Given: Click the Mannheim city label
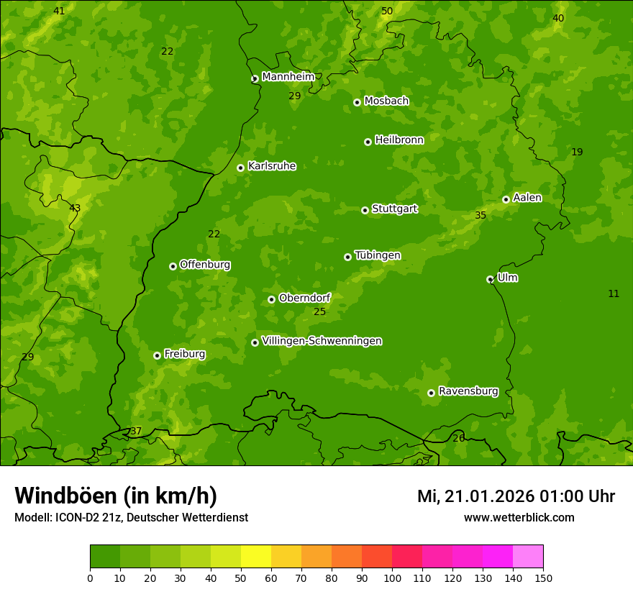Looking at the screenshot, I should (x=288, y=77).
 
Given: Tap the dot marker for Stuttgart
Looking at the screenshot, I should (x=365, y=210).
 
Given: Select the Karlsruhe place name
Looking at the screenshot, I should (x=271, y=166).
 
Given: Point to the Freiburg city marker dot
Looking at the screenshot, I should (x=157, y=355).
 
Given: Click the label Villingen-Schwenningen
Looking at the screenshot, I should (x=322, y=341).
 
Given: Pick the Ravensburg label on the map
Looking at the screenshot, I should (x=468, y=391).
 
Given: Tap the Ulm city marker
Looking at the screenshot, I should (x=490, y=279).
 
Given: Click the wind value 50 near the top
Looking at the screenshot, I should (x=387, y=11).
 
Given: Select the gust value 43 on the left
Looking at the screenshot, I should (x=75, y=208).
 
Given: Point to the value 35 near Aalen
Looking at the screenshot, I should (x=481, y=215).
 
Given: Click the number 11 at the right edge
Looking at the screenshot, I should (x=614, y=293).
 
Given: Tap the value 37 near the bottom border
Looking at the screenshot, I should (x=136, y=432).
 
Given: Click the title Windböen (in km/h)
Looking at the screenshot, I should (x=115, y=496).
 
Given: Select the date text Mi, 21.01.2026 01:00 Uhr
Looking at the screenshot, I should (x=516, y=496).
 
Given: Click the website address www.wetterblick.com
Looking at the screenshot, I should (x=519, y=517).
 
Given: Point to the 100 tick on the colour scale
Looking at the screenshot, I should (x=392, y=578).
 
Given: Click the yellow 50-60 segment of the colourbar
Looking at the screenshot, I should (x=256, y=557).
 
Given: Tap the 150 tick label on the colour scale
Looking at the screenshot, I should (x=543, y=578).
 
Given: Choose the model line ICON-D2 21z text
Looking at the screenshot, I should (x=131, y=517).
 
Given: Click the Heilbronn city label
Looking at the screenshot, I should (x=399, y=140).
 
